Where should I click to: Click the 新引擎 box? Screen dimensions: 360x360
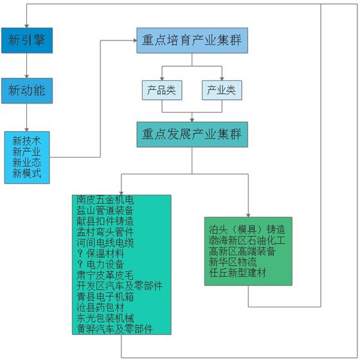pos(27,40)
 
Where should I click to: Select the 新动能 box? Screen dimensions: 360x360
pos(27,91)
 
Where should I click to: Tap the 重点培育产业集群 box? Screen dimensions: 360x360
pos(192,40)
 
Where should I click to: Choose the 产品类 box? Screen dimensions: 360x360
pos(162,90)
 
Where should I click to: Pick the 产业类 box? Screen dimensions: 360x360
pos(222,90)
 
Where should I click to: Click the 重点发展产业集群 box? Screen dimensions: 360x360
pos(192,134)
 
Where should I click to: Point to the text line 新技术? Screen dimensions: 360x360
pos(26,141)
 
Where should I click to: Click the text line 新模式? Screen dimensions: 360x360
pos(26,174)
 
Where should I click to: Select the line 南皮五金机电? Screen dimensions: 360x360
pos(105,200)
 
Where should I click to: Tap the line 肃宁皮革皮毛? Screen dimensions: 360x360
pos(105,275)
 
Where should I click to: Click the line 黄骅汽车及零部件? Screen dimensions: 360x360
pos(114,329)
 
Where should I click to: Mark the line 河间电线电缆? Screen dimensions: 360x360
pos(105,243)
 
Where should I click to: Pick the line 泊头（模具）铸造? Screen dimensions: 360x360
pos(247,230)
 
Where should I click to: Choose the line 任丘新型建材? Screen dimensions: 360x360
pos(237,273)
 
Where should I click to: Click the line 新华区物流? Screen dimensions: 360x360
pos(233,262)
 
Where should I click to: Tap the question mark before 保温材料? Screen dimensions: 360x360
pos(80,253)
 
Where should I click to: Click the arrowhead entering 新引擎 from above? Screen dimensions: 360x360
pos(26,26)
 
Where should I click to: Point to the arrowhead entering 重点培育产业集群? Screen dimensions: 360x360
pos(135,40)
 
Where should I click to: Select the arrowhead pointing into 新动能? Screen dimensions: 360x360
pos(26,76)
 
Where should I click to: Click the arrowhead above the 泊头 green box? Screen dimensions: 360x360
pos(248,215)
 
